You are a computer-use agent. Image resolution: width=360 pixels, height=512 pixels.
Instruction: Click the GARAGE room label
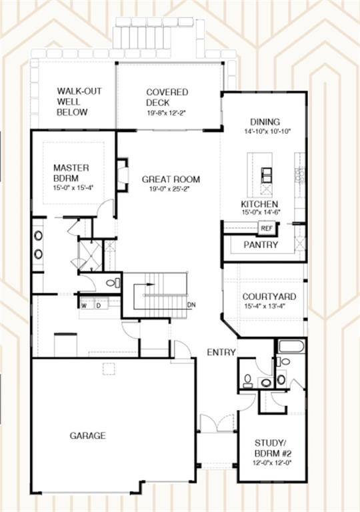(x=87, y=435)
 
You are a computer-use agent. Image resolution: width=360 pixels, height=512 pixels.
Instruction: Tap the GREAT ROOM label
(x=171, y=179)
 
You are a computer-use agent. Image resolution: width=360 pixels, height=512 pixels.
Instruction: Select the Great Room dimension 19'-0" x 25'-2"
(x=170, y=189)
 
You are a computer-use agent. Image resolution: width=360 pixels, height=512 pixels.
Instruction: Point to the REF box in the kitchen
(x=267, y=228)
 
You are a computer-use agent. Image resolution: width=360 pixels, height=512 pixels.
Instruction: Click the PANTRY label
(x=261, y=245)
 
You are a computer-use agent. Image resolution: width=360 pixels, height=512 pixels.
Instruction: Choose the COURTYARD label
(x=269, y=297)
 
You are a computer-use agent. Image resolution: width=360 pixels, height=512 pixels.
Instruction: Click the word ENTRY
(x=221, y=352)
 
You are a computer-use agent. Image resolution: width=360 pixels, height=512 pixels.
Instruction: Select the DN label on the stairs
(x=191, y=305)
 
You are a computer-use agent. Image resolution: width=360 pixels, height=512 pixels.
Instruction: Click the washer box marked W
(x=84, y=306)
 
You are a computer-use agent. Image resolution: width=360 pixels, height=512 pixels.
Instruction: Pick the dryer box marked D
(x=98, y=306)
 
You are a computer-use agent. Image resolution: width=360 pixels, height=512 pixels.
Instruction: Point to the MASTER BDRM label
(x=71, y=173)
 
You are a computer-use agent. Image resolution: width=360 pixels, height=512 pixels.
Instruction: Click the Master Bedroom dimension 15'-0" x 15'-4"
(x=73, y=188)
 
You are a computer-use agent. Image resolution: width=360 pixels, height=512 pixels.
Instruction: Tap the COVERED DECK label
(x=167, y=97)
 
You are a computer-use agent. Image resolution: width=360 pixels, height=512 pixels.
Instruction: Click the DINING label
(x=265, y=122)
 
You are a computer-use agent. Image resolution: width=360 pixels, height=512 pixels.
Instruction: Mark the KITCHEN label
(x=259, y=204)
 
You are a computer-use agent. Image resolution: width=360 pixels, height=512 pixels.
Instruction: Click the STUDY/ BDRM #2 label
(x=272, y=448)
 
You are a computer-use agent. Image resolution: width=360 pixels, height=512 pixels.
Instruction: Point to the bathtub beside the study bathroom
(x=292, y=346)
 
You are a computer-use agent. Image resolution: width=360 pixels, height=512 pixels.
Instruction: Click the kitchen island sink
(x=266, y=175)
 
